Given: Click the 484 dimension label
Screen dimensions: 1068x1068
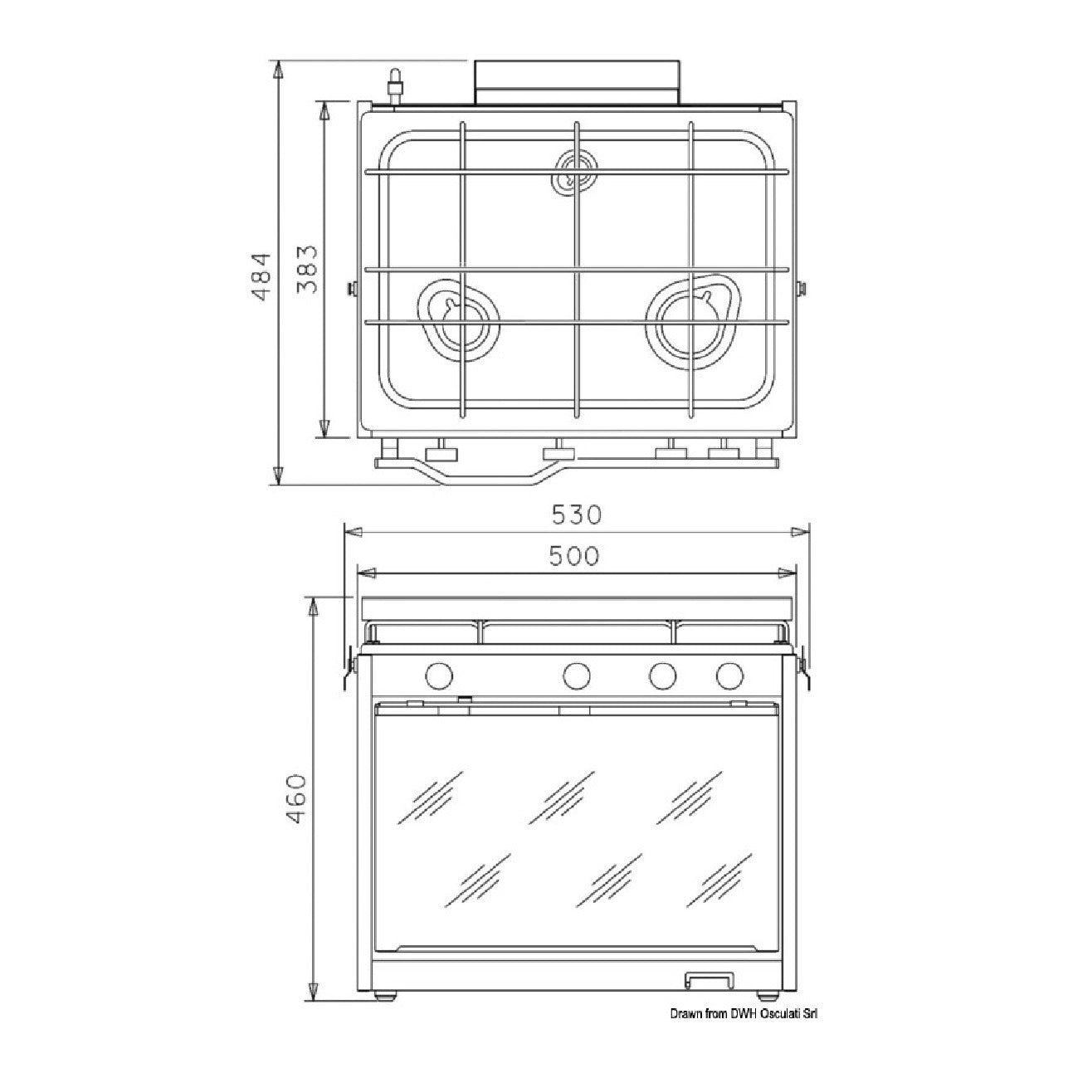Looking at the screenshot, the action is point(260,277).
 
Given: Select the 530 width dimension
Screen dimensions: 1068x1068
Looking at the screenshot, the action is point(577,514).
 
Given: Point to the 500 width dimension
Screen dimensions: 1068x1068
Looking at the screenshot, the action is point(575,556).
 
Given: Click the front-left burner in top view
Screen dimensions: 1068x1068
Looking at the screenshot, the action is point(459,320).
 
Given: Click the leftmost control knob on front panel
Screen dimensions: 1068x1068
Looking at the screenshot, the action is point(439,675).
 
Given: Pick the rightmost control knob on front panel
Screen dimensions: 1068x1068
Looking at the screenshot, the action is point(729,675).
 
